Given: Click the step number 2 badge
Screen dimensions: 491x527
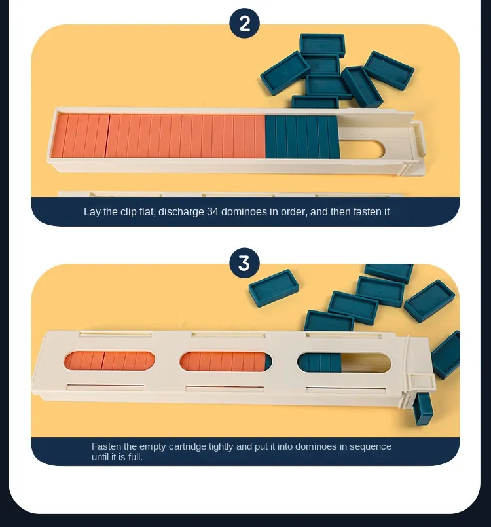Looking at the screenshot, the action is coord(244,23).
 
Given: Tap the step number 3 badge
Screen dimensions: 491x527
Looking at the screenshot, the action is coord(244,263).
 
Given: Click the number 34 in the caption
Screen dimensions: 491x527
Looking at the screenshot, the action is coord(212,211).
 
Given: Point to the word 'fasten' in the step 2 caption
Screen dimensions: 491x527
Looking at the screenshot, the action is coord(364,211).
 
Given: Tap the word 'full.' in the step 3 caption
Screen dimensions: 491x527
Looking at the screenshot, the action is coord(134,457).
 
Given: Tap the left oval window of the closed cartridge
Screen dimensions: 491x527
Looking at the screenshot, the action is coord(109,361).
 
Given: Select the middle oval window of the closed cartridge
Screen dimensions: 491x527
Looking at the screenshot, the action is coord(226,361).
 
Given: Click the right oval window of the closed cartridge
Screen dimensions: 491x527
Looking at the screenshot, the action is coord(344,363).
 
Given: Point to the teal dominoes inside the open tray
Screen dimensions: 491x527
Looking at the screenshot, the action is coord(302,137).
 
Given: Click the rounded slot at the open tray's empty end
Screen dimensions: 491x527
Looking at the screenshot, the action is coord(363,149).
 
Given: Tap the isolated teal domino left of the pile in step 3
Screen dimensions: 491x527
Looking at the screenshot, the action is coord(274,287).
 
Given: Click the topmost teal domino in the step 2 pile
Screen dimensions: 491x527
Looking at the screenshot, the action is coord(322,45).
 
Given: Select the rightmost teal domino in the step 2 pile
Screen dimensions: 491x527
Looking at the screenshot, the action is coord(389,68).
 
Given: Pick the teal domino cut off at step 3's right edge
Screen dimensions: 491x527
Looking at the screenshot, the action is coord(446,355).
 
